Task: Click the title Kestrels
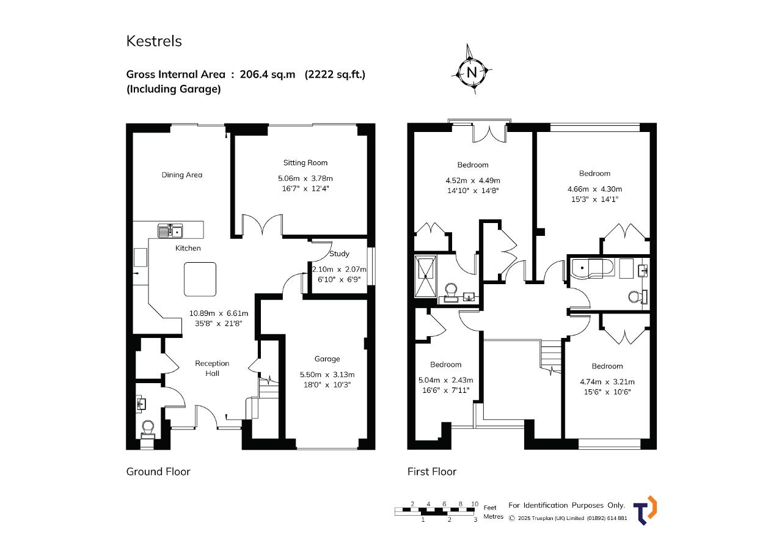154,41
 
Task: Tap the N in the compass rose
472,73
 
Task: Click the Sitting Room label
305,163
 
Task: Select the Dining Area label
182,175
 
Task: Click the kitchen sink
170,231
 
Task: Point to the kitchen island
200,279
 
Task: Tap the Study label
339,254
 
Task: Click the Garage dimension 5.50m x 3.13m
327,375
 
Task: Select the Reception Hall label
212,368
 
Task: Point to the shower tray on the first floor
426,276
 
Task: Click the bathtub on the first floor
592,268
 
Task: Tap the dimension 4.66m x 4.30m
595,189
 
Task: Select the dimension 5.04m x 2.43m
446,380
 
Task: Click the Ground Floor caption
158,472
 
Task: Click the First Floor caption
432,472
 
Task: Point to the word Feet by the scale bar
490,508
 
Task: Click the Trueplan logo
645,510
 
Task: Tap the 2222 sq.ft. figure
335,75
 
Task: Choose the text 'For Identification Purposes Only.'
566,505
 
